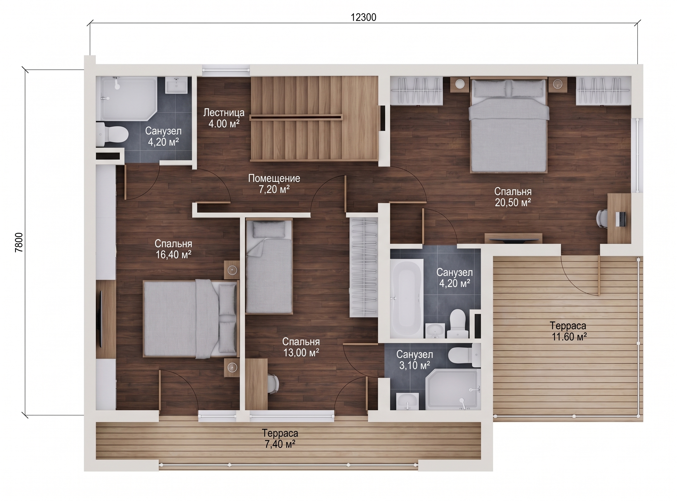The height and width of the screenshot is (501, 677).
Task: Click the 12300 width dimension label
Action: [x=363, y=17]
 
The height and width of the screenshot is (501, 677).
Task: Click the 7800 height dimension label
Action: [x=19, y=243]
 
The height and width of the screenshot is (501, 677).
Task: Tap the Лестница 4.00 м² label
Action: [x=224, y=118]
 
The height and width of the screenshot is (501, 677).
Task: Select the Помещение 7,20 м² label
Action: [x=274, y=184]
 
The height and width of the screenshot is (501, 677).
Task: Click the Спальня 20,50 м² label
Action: [x=513, y=197]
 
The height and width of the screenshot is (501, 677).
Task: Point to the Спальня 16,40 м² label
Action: [x=173, y=249]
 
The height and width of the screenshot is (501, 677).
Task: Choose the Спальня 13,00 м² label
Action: [x=301, y=347]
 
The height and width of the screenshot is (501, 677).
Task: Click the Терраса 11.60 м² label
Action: [x=568, y=331]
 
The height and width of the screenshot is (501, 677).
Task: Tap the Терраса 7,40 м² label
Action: [x=280, y=439]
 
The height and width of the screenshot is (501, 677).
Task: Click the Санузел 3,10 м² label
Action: [x=414, y=360]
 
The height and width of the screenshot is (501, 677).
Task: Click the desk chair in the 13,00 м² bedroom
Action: [x=273, y=384]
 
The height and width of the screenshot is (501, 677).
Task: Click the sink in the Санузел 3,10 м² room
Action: [x=408, y=401]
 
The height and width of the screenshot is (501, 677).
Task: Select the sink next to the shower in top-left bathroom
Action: [x=176, y=85]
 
